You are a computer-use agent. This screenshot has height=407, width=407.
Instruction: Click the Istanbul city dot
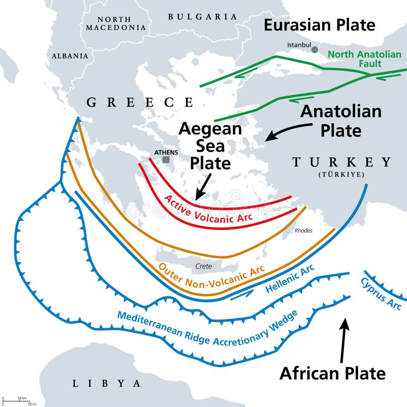(315, 49)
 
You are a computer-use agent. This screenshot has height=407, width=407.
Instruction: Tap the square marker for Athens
(166, 159)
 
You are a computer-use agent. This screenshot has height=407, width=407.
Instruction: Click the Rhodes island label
(304, 230)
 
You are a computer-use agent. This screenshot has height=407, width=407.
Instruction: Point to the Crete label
(203, 266)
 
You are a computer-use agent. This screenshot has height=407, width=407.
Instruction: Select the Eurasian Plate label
(319, 24)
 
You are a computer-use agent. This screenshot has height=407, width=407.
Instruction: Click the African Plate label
(332, 373)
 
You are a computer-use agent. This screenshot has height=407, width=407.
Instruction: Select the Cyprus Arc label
(381, 294)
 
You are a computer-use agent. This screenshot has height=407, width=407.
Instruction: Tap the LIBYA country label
(106, 383)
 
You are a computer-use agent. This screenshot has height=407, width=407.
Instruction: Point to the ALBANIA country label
(70, 55)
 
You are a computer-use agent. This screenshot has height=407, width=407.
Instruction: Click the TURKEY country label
(341, 162)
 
